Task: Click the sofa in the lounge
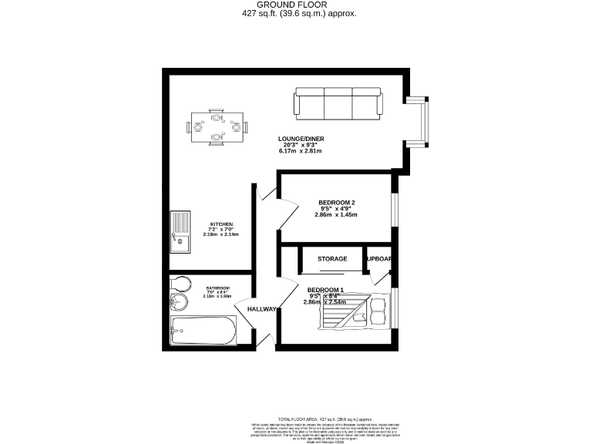pos(337,103)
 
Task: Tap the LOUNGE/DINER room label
pos(301,139)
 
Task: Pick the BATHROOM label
pos(217,288)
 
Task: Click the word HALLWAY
pos(261,309)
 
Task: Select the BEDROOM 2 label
pos(337,203)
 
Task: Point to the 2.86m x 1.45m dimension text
pos(336,214)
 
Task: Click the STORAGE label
pos(332,259)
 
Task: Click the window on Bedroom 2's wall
pos(394,208)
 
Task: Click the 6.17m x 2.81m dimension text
pos(301,151)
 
